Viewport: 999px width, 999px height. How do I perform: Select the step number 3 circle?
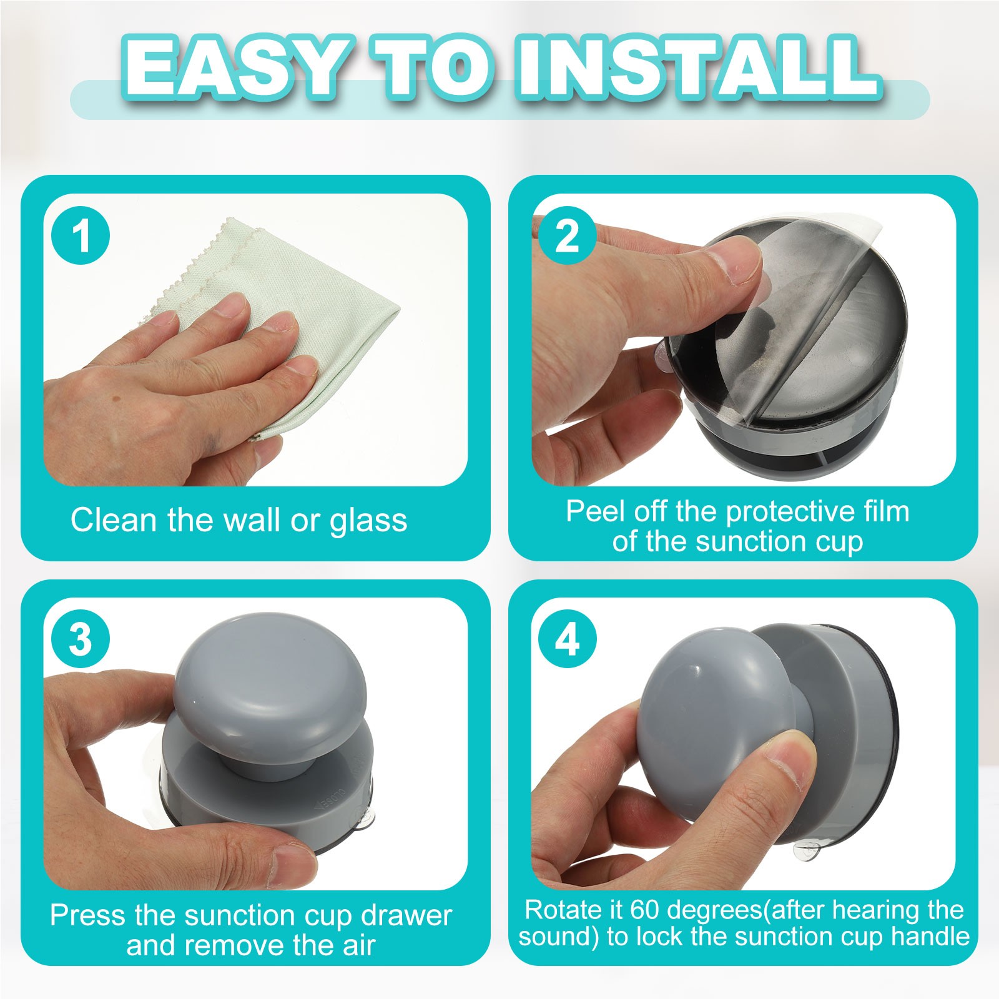[x=81, y=639]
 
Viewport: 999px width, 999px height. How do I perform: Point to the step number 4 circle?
[x=567, y=639]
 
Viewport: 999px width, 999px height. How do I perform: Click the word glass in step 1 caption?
[x=368, y=521]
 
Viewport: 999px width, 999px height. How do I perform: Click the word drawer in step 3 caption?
[x=406, y=915]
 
